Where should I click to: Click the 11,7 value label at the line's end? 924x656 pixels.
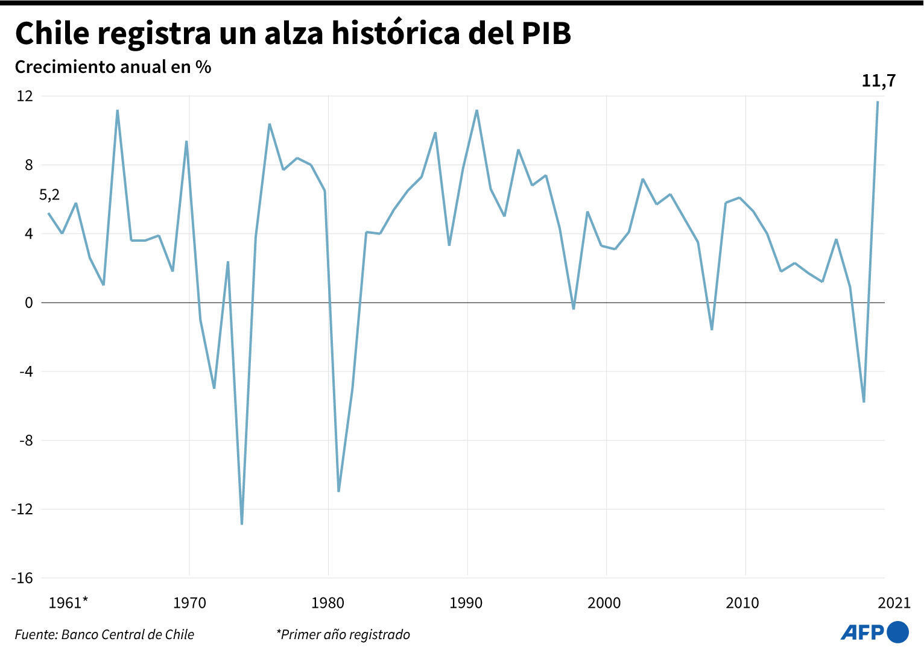pyautogui.click(x=878, y=81)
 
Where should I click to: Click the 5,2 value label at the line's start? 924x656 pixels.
pyautogui.click(x=49, y=195)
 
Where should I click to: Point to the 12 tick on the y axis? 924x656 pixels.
pyautogui.click(x=25, y=96)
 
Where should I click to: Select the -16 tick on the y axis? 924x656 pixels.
pyautogui.click(x=22, y=578)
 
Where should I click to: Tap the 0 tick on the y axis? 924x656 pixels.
pyautogui.click(x=28, y=303)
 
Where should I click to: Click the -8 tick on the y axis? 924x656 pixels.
pyautogui.click(x=25, y=440)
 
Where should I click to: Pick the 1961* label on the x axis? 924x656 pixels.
pyautogui.click(x=68, y=603)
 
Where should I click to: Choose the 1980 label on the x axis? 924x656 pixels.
pyautogui.click(x=328, y=603)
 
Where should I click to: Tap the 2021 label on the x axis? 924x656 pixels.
pyautogui.click(x=893, y=603)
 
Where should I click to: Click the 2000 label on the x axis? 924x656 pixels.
pyautogui.click(x=604, y=603)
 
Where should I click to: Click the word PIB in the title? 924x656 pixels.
pyautogui.click(x=545, y=34)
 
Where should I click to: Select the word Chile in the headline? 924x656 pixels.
pyautogui.click(x=51, y=34)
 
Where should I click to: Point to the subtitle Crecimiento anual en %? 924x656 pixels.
pyautogui.click(x=113, y=67)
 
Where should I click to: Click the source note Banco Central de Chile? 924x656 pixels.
pyautogui.click(x=104, y=634)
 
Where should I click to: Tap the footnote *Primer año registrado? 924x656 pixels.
pyautogui.click(x=343, y=634)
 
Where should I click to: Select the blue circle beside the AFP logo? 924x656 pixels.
pyautogui.click(x=898, y=632)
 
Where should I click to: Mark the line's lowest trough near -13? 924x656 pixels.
pyautogui.click(x=242, y=523)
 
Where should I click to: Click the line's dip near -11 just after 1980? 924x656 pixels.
pyautogui.click(x=338, y=491)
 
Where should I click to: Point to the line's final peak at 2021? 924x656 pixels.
pyautogui.click(x=878, y=102)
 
